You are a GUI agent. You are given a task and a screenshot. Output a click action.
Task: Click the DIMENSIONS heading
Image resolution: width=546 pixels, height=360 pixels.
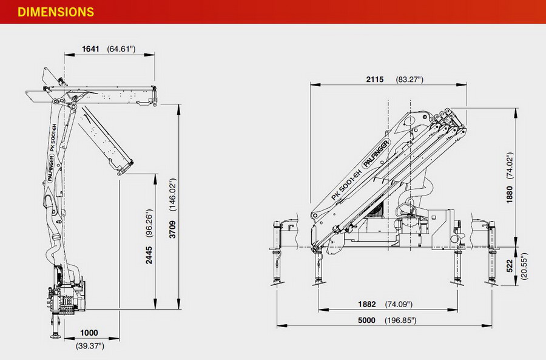point(56,12)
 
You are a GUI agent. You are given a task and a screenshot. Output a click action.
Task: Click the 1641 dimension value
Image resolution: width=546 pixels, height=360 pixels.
point(90,49)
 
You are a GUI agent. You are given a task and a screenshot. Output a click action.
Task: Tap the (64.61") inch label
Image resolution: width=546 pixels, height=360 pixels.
point(121,49)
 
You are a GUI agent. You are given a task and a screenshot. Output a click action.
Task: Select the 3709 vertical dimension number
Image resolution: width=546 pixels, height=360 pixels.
point(173,229)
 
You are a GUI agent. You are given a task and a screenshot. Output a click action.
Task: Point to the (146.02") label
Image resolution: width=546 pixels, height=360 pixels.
point(173,195)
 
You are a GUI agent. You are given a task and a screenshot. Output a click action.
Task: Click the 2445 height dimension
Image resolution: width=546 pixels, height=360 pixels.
point(149,255)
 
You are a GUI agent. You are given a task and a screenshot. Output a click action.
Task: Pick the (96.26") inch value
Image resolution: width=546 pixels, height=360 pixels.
point(149,223)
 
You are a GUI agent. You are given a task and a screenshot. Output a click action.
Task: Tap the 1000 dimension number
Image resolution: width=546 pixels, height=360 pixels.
point(89,333)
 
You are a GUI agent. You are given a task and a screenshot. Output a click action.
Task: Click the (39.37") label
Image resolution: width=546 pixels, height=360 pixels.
point(90,346)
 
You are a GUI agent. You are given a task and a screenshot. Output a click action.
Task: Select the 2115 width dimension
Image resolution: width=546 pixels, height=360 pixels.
point(375,80)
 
